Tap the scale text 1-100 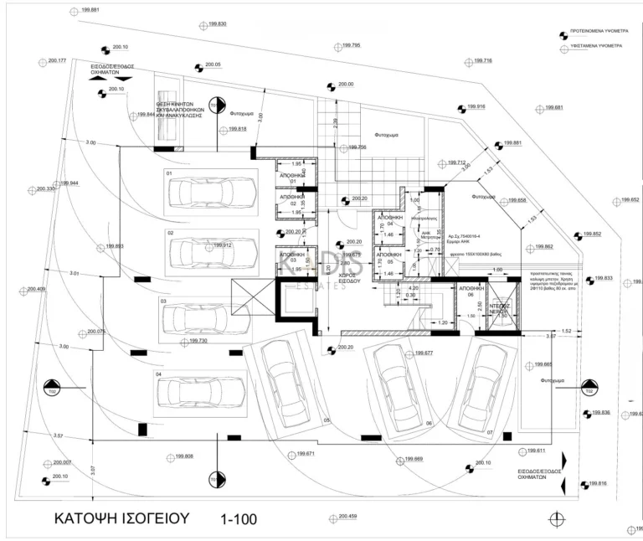click(239, 519)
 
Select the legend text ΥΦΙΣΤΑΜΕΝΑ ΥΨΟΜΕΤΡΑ click(596, 46)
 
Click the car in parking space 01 click(206, 192)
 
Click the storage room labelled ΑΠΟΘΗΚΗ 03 click(291, 257)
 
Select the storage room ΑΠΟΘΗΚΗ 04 click(389, 219)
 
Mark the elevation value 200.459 click(346, 517)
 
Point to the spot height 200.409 click(37, 289)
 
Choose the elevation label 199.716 click(483, 61)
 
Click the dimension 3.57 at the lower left click(58, 435)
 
